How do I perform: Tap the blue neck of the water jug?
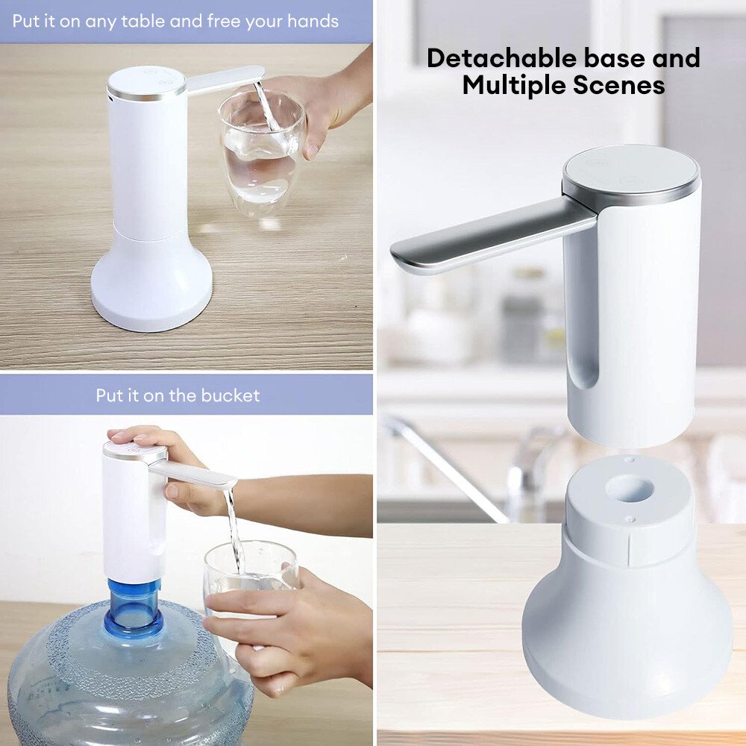(133, 609)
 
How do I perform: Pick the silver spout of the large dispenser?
(492, 236)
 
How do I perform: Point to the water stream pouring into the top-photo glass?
(266, 106)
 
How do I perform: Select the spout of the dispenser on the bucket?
(195, 473)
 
